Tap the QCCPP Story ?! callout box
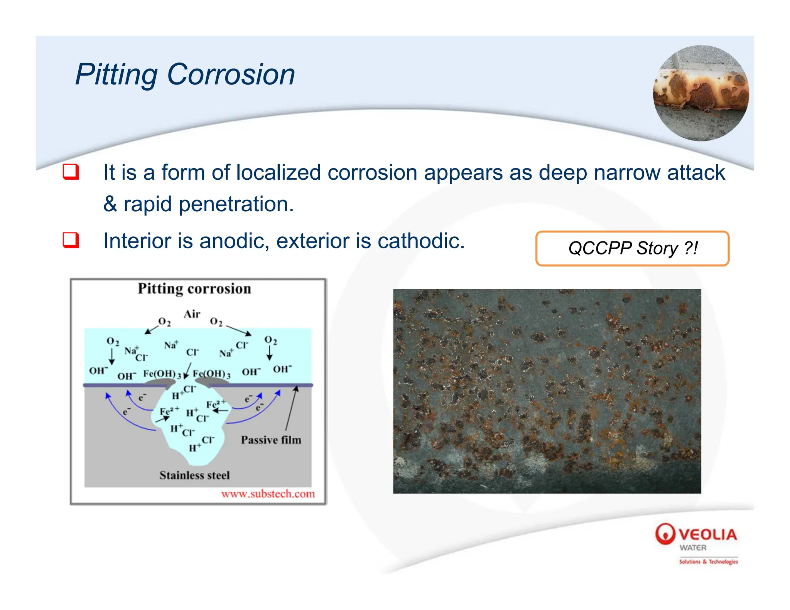click(632, 248)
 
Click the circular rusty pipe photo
click(701, 93)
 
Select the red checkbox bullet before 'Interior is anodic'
click(71, 240)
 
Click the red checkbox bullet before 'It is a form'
click(71, 172)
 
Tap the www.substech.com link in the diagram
click(268, 494)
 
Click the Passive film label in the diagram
click(271, 440)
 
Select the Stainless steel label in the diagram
click(194, 475)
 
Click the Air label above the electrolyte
click(192, 314)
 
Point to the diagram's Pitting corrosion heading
click(194, 289)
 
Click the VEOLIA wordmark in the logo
click(708, 534)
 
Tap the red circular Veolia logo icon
click(665, 534)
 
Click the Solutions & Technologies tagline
click(708, 561)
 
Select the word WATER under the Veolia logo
click(693, 548)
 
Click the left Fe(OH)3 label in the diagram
click(162, 374)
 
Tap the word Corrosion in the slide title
click(231, 75)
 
